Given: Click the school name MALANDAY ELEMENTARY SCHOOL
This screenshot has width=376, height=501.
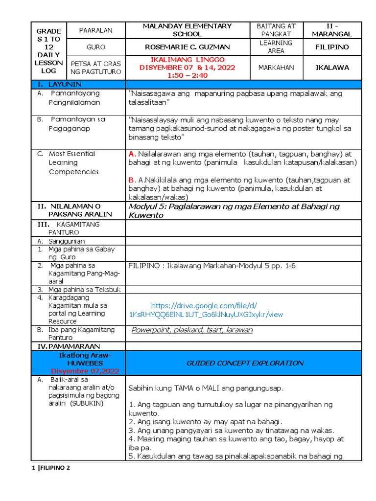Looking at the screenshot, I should [x=187, y=30].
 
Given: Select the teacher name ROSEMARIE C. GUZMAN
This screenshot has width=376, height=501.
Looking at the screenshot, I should [x=187, y=47].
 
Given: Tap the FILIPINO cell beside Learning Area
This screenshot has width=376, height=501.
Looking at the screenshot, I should [x=332, y=47].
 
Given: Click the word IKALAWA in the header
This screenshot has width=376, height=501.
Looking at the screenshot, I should [x=332, y=68].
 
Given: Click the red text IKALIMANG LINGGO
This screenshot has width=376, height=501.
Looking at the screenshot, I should [x=187, y=59].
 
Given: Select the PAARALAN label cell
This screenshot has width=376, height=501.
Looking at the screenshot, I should [x=96, y=30].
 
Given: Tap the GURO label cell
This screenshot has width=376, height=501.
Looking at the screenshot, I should [x=96, y=47].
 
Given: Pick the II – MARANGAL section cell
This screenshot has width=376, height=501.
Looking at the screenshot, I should [x=332, y=30].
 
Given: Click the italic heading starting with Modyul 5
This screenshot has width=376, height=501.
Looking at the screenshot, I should [x=234, y=211].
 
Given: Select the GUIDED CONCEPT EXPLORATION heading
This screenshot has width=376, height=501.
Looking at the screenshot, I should [x=245, y=363].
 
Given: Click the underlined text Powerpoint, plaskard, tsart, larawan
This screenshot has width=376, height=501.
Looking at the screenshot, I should [x=192, y=330].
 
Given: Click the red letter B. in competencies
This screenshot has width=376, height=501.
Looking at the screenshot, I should [x=131, y=180].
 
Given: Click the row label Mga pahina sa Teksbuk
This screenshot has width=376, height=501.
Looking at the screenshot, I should [x=81, y=289].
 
